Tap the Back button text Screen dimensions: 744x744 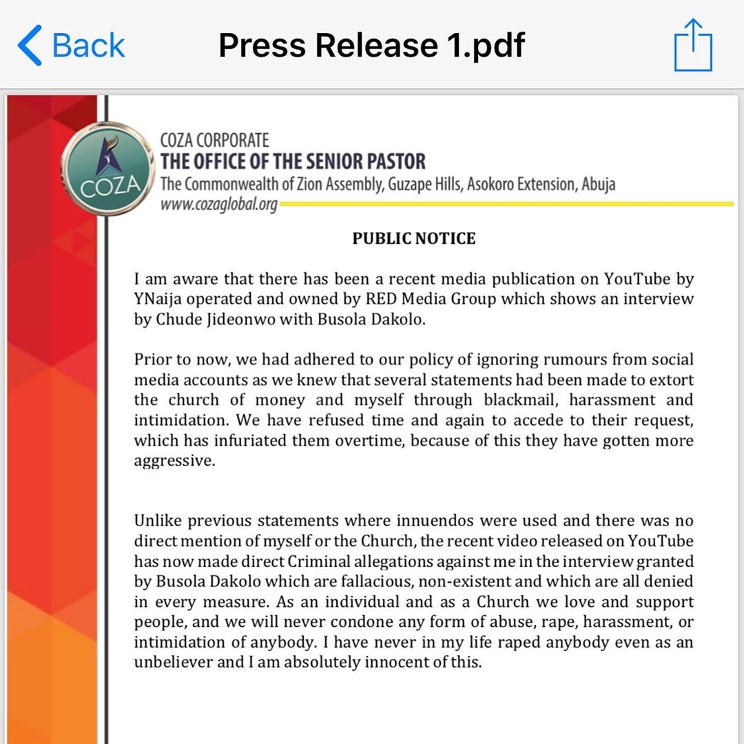click(88, 45)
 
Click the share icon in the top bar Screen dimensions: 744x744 click(693, 45)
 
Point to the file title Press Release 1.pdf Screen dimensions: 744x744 click(371, 45)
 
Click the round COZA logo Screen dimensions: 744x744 click(108, 168)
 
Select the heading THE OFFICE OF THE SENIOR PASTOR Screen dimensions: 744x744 click(293, 162)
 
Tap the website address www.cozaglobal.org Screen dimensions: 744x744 click(218, 205)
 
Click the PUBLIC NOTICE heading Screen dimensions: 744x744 click(413, 238)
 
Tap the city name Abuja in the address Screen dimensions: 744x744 click(598, 185)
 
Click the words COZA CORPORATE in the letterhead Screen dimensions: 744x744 click(214, 141)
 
